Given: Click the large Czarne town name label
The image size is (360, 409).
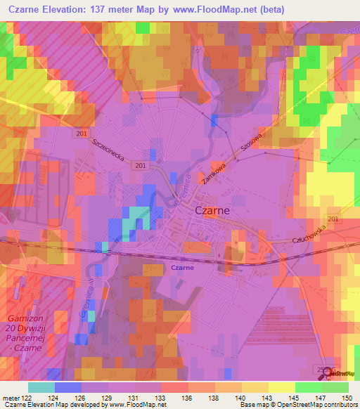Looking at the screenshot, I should pyautogui.click(x=211, y=211).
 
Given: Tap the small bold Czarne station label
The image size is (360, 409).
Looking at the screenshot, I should pyautogui.click(x=182, y=268).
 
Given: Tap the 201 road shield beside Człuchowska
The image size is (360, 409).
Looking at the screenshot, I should pyautogui.click(x=333, y=220).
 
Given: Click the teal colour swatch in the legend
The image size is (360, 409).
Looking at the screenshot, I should pyautogui.click(x=41, y=387).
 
